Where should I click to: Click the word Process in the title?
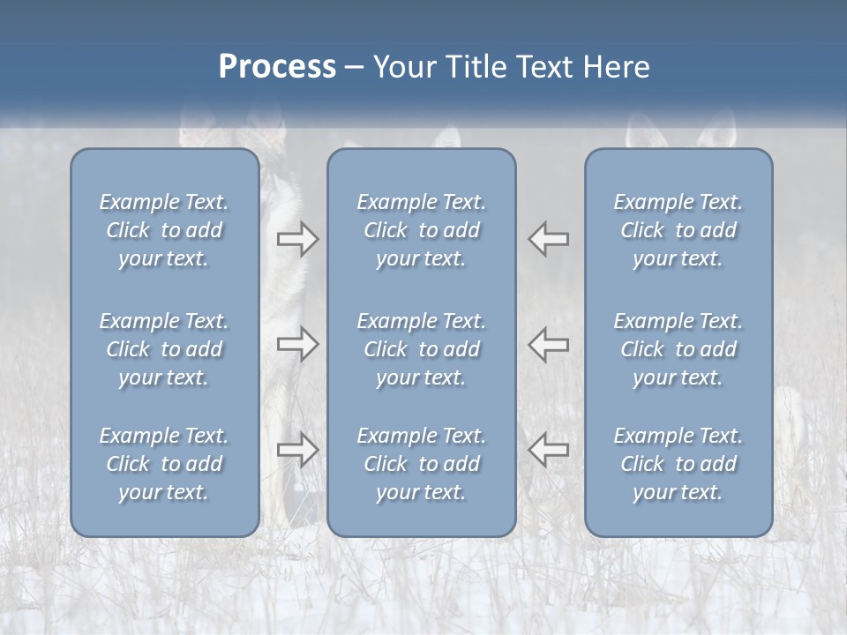pyautogui.click(x=277, y=67)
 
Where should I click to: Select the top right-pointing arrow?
pyautogui.click(x=297, y=239)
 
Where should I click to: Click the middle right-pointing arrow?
pyautogui.click(x=297, y=344)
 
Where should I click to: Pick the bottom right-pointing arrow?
pyautogui.click(x=297, y=450)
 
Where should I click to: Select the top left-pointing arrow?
pyautogui.click(x=549, y=239)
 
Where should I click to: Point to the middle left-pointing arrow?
pyautogui.click(x=549, y=344)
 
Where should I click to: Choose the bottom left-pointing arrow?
pyautogui.click(x=549, y=450)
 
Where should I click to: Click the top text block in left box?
pyautogui.click(x=164, y=230)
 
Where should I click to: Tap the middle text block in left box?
pyautogui.click(x=164, y=349)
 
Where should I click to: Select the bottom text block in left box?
pyautogui.click(x=164, y=464)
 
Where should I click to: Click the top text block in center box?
pyautogui.click(x=422, y=230)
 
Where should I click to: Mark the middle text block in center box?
pyautogui.click(x=422, y=349)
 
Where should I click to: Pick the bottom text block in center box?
pyautogui.click(x=422, y=464)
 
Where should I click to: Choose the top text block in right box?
pyautogui.click(x=678, y=230)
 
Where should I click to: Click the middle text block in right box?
pyautogui.click(x=678, y=349)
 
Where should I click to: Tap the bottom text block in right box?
pyautogui.click(x=678, y=464)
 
